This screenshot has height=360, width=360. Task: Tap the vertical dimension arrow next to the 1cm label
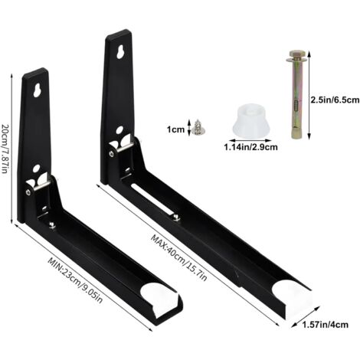coord(191,129)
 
